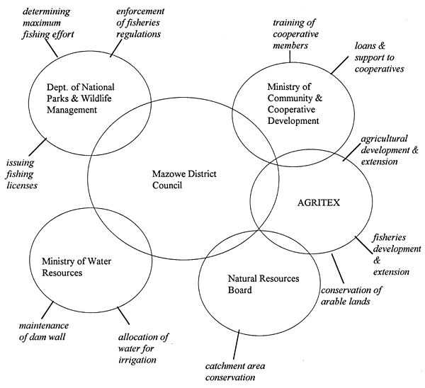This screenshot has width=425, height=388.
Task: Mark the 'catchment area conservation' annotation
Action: click(x=240, y=371)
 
